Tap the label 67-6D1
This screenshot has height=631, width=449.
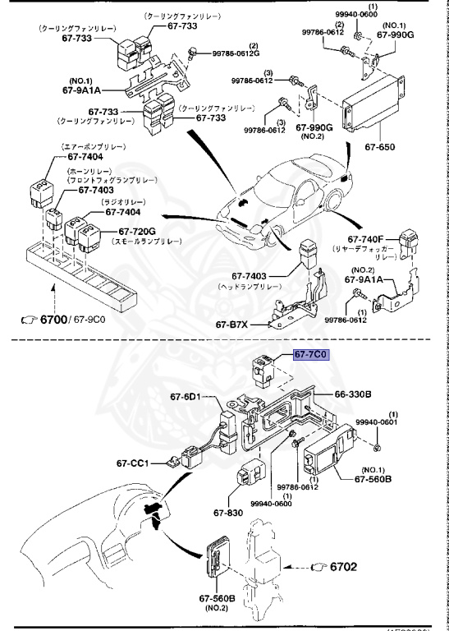pos(188,397)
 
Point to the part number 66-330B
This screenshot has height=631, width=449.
pos(353,394)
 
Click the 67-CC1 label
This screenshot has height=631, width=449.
pos(132,463)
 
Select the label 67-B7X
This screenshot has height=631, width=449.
pos(233,325)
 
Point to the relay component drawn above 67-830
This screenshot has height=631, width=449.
pos(250,476)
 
